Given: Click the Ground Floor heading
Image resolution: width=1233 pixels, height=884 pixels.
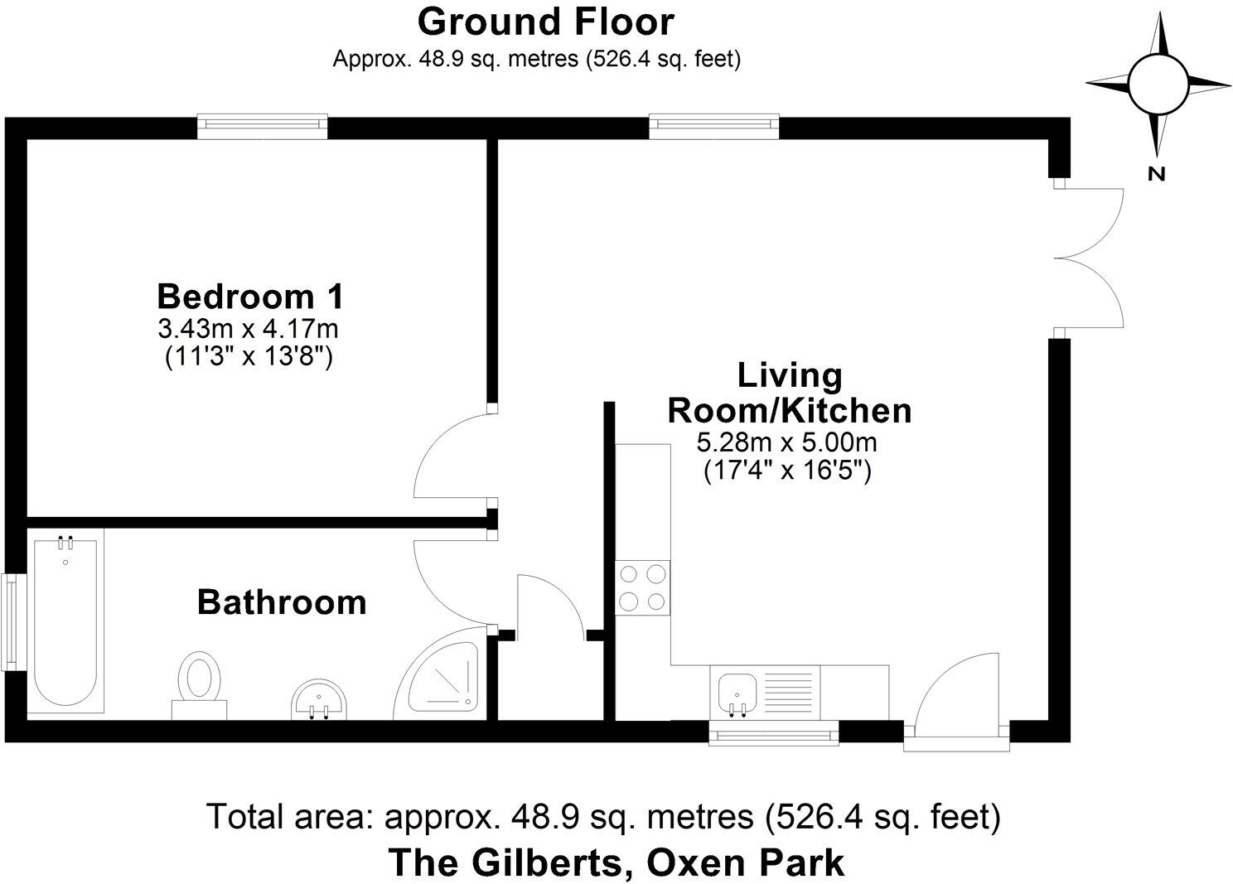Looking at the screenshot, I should pos(545,22).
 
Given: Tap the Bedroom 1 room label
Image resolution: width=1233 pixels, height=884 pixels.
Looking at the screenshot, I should pos(250,296).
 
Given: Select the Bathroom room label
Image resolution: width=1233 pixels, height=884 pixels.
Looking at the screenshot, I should pos(282,602).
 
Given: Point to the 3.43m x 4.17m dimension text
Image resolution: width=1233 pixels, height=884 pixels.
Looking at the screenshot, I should pos(249,330).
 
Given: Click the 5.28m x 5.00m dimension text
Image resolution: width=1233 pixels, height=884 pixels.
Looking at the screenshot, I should pos(786,442).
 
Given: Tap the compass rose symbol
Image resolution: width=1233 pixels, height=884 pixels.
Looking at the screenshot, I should pos(1158,85).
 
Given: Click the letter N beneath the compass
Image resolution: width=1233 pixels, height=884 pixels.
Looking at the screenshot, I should pos(1157,174).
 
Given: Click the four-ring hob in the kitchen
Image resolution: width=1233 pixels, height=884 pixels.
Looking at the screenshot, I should pos(643,587).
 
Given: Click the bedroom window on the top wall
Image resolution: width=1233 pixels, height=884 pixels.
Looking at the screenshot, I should pos(263,125).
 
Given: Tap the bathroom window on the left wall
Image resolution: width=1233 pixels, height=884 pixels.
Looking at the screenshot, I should pos(11,622).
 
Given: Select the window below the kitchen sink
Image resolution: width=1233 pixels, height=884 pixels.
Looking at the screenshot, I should pos(774,733).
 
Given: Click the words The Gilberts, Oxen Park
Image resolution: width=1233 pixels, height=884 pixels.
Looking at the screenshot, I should pos(616,862).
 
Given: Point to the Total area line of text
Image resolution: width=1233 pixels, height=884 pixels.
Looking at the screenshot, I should pos(603,817).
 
